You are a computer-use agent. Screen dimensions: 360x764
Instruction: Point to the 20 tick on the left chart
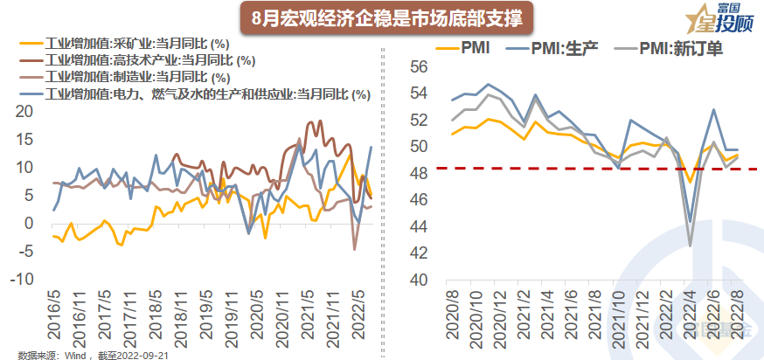pyautogui.click(x=24, y=111)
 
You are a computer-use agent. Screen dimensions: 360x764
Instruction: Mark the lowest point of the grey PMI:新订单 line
pyautogui.click(x=691, y=246)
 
